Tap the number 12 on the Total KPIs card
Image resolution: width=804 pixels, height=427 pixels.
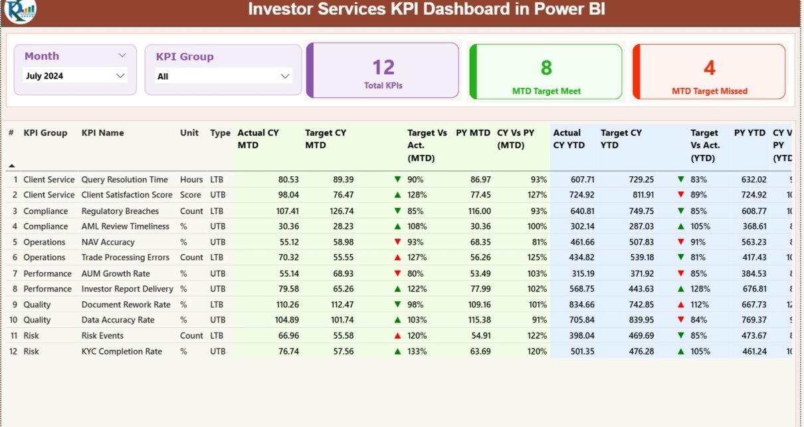pos(383,67)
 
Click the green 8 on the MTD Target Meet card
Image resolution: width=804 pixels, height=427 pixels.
pos(546,67)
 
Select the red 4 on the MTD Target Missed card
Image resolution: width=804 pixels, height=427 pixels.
pos(710,67)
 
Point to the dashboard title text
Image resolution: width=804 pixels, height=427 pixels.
pos(426,10)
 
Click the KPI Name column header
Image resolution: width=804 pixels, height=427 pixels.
pos(102,133)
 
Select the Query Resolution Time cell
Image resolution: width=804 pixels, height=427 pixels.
pos(124,180)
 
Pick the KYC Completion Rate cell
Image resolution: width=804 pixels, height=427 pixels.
pos(122,351)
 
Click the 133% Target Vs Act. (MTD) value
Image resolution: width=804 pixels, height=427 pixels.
pos(417,351)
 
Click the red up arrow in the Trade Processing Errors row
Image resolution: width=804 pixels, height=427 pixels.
pos(397,257)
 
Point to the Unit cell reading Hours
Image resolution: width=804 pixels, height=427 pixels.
pos(191,180)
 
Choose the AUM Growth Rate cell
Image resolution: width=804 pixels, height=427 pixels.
pos(116,273)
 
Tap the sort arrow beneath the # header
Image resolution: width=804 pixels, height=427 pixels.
pos(11,165)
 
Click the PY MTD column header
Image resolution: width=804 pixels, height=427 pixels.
pos(472,133)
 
